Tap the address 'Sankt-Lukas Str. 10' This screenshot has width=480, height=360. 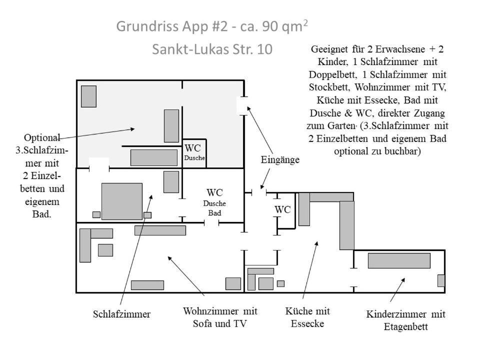pyautogui.click(x=212, y=49)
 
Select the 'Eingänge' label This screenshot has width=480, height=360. pyautogui.click(x=280, y=160)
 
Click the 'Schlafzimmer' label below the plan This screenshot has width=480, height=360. pyautogui.click(x=121, y=314)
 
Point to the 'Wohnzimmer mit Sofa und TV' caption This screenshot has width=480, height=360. pyautogui.click(x=220, y=317)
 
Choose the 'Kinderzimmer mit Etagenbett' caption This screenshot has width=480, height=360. pyautogui.click(x=405, y=320)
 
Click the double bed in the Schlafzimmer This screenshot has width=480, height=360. pyautogui.click(x=121, y=201)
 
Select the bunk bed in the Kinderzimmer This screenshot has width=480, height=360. pyautogui.click(x=399, y=260)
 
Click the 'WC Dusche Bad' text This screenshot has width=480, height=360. pyautogui.click(x=215, y=202)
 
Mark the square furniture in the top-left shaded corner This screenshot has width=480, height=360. pyautogui.click(x=88, y=96)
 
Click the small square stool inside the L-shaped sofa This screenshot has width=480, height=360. pyautogui.click(x=105, y=250)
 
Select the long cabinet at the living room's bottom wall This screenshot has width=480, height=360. pyautogui.click(x=147, y=285)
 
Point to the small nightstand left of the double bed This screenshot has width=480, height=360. pyautogui.click(x=96, y=214)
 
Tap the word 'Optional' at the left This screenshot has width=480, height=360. pyautogui.click(x=42, y=137)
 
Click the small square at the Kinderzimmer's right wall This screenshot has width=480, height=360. pyautogui.click(x=441, y=280)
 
